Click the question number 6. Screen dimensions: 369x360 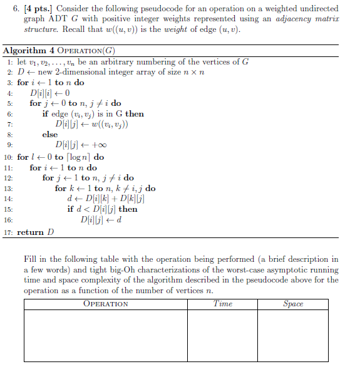tap(8, 9)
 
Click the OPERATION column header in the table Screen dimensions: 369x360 tap(106, 304)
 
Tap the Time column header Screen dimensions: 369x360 tap(222, 304)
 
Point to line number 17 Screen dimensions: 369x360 tap(8, 232)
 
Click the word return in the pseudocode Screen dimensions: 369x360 tap(30, 232)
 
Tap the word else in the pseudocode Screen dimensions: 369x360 tap(50, 134)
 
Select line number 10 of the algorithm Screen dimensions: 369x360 tap(8, 157)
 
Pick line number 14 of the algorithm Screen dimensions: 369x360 tap(8, 199)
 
